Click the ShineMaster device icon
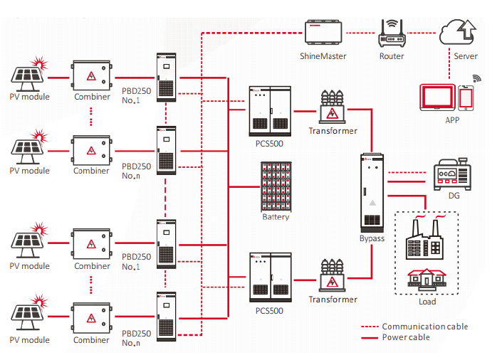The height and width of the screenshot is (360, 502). [323, 32]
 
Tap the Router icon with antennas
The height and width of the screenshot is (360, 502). [392, 33]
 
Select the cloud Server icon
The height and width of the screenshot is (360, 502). [458, 32]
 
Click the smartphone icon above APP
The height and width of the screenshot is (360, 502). [466, 97]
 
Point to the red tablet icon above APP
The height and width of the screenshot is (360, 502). [438, 97]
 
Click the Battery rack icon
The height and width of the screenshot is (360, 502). [276, 186]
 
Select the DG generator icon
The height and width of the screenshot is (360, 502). [452, 174]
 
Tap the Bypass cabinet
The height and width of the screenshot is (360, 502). [372, 193]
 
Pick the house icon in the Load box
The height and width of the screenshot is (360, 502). [427, 280]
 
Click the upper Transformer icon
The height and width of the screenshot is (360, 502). [332, 107]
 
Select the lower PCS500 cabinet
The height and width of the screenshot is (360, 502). [271, 277]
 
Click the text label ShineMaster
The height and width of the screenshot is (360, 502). [323, 56]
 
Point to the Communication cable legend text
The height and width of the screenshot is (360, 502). [425, 327]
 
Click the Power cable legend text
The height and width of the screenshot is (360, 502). [406, 337]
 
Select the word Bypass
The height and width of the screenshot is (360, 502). [372, 239]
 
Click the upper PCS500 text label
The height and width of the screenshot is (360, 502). [269, 144]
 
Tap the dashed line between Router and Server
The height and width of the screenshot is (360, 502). [422, 33]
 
